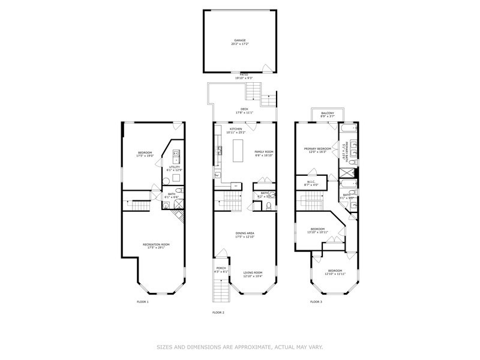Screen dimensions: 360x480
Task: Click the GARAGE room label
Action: click(239, 41)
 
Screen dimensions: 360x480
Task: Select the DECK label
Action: click(244, 109)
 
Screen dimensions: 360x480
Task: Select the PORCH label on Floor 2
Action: click(221, 269)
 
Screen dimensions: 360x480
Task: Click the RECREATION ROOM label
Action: click(156, 244)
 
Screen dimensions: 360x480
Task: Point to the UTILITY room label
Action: click(174, 167)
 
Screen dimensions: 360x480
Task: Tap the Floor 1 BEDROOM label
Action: click(145, 152)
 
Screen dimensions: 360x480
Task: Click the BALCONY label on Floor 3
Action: click(327, 113)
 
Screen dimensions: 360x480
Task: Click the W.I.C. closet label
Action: click(311, 182)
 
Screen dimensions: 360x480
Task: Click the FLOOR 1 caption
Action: click(142, 302)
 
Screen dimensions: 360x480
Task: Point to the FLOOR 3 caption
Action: click(316, 302)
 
